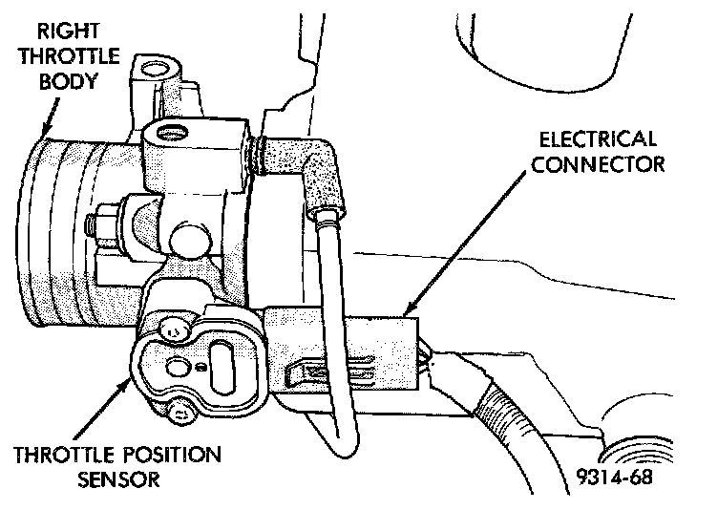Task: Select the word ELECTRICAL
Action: (596, 139)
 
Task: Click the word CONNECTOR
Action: (598, 164)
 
